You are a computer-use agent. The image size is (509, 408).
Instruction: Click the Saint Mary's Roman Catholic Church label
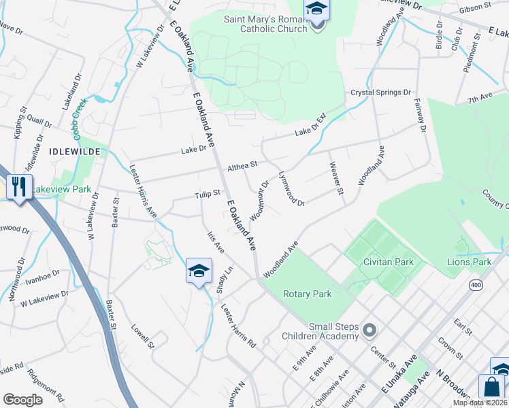click(265, 24)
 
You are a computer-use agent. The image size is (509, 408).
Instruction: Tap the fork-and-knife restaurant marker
click(18, 186)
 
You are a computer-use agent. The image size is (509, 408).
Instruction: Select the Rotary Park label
click(306, 294)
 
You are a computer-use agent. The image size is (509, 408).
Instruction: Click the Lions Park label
click(469, 262)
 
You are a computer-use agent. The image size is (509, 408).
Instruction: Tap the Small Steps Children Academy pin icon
click(370, 330)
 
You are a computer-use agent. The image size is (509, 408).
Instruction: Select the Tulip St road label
click(208, 193)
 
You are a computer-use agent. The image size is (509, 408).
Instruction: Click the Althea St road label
click(243, 165)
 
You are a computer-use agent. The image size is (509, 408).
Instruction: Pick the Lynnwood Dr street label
click(291, 188)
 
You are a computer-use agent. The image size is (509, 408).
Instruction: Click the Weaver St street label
click(335, 177)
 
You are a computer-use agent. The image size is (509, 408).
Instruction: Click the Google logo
click(23, 400)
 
